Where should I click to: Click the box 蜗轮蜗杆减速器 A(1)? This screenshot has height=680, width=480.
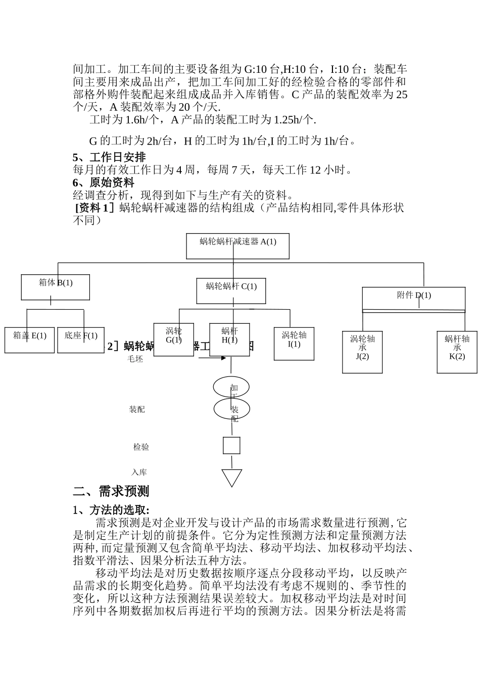[238, 246]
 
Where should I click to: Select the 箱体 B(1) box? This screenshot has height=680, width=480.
[56, 287]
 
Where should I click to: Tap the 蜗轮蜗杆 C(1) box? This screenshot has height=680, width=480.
[231, 291]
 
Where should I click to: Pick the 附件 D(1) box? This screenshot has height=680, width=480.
[414, 299]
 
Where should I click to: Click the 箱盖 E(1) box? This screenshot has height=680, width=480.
[29, 339]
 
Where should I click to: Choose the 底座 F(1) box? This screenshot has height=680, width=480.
[81, 339]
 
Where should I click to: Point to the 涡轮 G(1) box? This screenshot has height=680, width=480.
[173, 339]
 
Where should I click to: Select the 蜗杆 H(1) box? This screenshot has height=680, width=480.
[229, 339]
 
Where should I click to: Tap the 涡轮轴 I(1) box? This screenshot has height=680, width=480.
[294, 344]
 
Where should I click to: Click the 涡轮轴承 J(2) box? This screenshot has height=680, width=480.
[362, 352]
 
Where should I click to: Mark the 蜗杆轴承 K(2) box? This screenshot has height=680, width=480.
[457, 352]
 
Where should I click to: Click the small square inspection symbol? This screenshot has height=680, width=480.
[231, 446]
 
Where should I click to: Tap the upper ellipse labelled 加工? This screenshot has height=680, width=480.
[231, 388]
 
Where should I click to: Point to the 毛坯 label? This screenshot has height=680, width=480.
[135, 359]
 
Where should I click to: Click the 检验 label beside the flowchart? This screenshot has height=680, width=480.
[141, 447]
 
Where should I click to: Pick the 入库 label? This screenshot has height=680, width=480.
[139, 473]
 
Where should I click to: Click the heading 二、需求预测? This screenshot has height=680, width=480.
[111, 491]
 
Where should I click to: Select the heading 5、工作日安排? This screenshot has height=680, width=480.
[109, 157]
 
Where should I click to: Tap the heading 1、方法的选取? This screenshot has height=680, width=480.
[111, 510]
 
